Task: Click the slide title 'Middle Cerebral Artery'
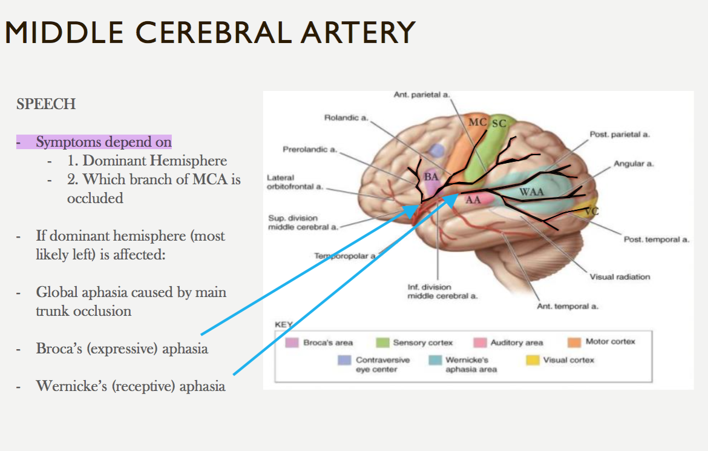tap(210, 33)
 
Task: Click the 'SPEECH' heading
tap(46, 104)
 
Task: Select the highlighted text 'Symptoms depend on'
tap(103, 142)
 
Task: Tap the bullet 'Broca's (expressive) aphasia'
tap(122, 349)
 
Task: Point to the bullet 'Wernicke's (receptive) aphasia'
tap(131, 386)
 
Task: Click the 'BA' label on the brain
tap(431, 176)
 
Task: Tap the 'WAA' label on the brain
tap(532, 192)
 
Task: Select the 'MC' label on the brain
tap(477, 122)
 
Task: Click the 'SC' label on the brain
tap(499, 124)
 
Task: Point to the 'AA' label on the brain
tap(473, 201)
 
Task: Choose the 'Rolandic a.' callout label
tap(346, 118)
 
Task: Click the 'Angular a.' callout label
tap(634, 164)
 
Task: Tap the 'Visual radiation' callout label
tap(620, 276)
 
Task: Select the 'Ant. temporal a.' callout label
tap(568, 306)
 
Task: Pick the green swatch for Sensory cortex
tap(382, 343)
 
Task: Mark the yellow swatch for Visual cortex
tap(532, 360)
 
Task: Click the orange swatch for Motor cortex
tap(574, 342)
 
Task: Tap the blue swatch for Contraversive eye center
tap(344, 361)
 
